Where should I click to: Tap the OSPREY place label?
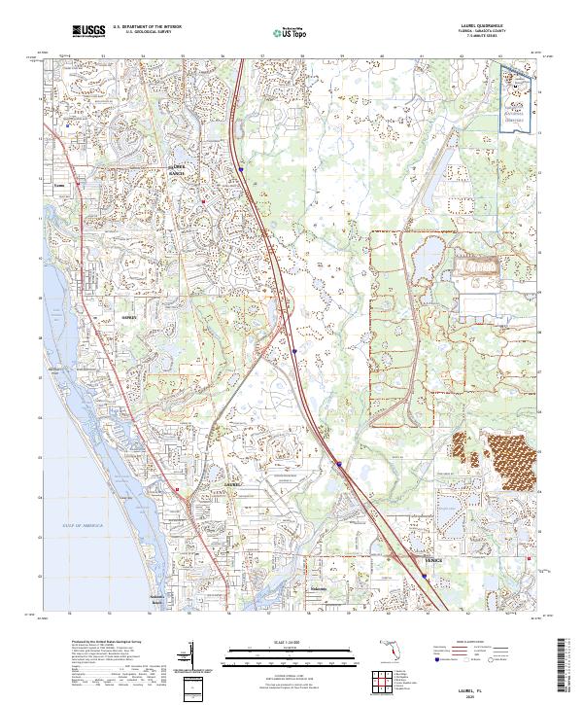tap(131, 318)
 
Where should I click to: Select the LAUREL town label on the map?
tap(230, 483)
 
